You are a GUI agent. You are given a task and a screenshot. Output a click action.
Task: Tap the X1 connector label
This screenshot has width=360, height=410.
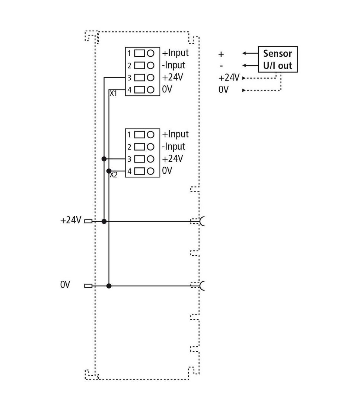pyautogui.click(x=114, y=93)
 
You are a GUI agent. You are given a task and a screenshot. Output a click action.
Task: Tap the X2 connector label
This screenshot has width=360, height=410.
pyautogui.click(x=114, y=175)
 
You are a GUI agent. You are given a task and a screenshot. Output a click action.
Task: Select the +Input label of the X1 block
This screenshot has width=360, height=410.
pyautogui.click(x=175, y=53)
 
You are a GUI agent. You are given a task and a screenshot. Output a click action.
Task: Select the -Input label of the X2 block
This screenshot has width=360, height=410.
pyautogui.click(x=173, y=146)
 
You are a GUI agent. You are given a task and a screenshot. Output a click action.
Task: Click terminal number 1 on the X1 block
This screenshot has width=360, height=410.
pyautogui.click(x=129, y=53)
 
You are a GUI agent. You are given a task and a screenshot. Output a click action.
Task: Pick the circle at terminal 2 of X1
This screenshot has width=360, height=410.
pyautogui.click(x=150, y=65)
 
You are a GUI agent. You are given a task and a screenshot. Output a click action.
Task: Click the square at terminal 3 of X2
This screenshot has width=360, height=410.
pyautogui.click(x=140, y=159)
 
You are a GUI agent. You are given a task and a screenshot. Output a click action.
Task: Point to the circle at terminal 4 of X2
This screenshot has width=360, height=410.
pyautogui.click(x=150, y=171)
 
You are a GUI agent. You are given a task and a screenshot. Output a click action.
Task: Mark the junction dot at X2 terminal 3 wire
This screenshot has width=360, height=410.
pyautogui.click(x=104, y=159)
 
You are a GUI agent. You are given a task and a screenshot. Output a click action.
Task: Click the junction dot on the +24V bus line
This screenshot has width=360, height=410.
pyautogui.click(x=104, y=221)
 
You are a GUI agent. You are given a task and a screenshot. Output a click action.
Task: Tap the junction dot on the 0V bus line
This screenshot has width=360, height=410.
pyautogui.click(x=109, y=286)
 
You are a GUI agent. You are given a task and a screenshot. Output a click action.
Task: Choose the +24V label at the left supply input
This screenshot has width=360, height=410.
pyautogui.click(x=71, y=220)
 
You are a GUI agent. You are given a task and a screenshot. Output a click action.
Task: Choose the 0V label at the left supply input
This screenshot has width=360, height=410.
pyautogui.click(x=65, y=284)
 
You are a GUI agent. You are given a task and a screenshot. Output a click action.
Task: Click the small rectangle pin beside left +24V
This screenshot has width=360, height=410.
pyautogui.click(x=88, y=221)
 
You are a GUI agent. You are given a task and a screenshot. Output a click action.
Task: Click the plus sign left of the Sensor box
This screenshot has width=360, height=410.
pyautogui.click(x=221, y=54)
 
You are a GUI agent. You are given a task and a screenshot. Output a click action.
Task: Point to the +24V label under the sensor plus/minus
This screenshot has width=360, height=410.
pyautogui.click(x=229, y=78)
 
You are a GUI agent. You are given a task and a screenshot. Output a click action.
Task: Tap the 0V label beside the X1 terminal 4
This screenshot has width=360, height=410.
pyautogui.click(x=167, y=89)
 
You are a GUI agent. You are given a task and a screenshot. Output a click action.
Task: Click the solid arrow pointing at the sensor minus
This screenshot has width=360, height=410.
pyautogui.click(x=250, y=65)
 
